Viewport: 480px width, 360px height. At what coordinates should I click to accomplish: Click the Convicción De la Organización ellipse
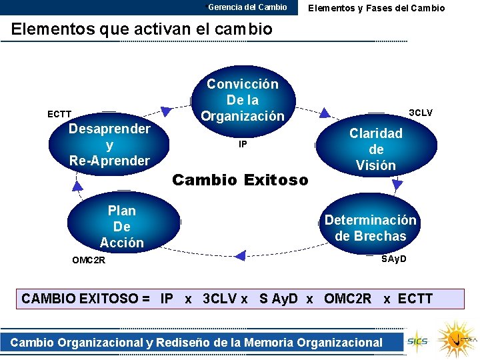tap(243, 100)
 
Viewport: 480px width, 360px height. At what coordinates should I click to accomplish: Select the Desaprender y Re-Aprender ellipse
tap(109, 145)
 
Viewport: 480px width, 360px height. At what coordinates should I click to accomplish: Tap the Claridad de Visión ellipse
tap(376, 149)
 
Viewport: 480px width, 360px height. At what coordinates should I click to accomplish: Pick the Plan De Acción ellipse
tap(122, 227)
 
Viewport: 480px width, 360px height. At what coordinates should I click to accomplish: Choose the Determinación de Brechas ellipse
tap(370, 228)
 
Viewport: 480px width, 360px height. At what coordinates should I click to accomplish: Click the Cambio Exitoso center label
tap(240, 180)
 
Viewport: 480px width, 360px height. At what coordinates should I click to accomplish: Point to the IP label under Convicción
tap(243, 144)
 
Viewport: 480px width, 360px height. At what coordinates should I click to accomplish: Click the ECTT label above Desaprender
tap(59, 115)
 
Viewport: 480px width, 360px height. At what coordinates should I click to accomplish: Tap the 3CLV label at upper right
tap(420, 113)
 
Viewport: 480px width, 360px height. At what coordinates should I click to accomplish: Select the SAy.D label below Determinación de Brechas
tap(393, 258)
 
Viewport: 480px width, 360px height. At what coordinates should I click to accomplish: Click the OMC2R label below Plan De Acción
tap(89, 260)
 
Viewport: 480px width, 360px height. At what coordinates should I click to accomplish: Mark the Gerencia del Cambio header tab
tap(247, 7)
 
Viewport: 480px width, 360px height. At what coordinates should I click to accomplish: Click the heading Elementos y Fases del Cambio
tap(376, 8)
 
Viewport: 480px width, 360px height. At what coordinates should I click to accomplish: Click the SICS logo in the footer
tap(418, 340)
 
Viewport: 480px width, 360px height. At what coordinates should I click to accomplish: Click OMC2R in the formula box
tap(347, 299)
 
